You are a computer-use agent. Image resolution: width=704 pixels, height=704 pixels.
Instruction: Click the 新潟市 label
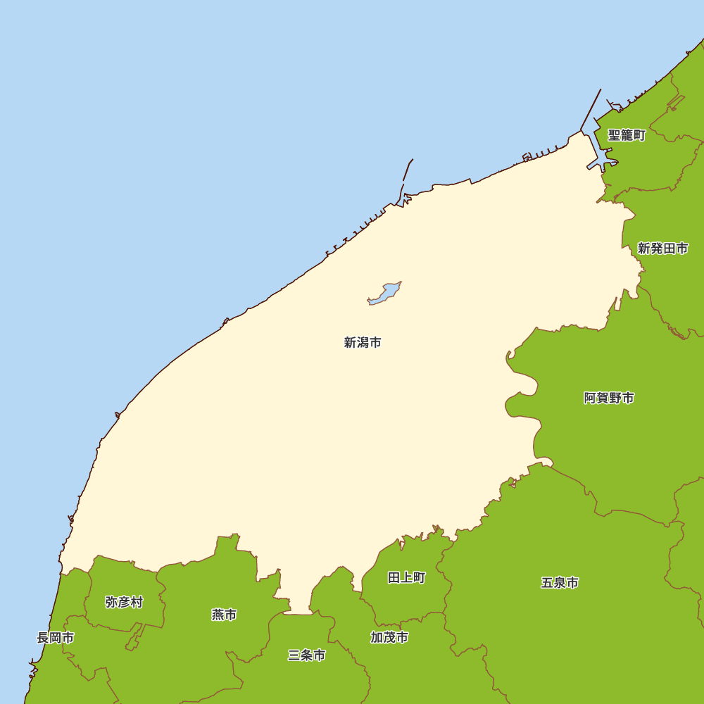coord(363,343)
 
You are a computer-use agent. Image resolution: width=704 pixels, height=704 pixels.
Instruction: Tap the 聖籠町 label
coord(627,135)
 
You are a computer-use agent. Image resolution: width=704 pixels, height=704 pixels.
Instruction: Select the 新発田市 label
coord(662,248)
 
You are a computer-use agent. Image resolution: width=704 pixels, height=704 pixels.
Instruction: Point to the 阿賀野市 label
coord(609,398)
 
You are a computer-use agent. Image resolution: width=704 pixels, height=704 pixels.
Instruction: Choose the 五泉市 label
coord(560,583)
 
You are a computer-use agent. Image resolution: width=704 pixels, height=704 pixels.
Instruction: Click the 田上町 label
coord(406,578)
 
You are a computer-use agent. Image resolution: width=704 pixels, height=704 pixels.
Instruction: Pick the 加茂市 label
coord(389,638)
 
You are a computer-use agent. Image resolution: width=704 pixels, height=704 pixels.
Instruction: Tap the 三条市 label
coord(307,655)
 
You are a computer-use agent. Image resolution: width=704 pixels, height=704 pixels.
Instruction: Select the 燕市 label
coord(224,615)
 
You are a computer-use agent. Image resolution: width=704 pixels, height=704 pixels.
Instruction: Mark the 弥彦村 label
coord(124,602)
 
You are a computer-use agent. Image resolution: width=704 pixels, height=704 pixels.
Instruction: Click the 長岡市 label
coord(55,638)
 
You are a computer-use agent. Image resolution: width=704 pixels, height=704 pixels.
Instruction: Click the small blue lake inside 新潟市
coord(384,294)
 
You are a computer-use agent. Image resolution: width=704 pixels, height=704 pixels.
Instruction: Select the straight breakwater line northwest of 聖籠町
coord(591,109)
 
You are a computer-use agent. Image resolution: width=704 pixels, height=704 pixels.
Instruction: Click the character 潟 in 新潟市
coord(363,343)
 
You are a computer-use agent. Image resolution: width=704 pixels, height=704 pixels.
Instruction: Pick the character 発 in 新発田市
coord(656,248)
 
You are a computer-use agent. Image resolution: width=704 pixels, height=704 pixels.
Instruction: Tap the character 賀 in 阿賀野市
coord(603,398)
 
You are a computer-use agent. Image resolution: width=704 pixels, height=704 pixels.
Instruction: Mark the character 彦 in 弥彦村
coord(124,602)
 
